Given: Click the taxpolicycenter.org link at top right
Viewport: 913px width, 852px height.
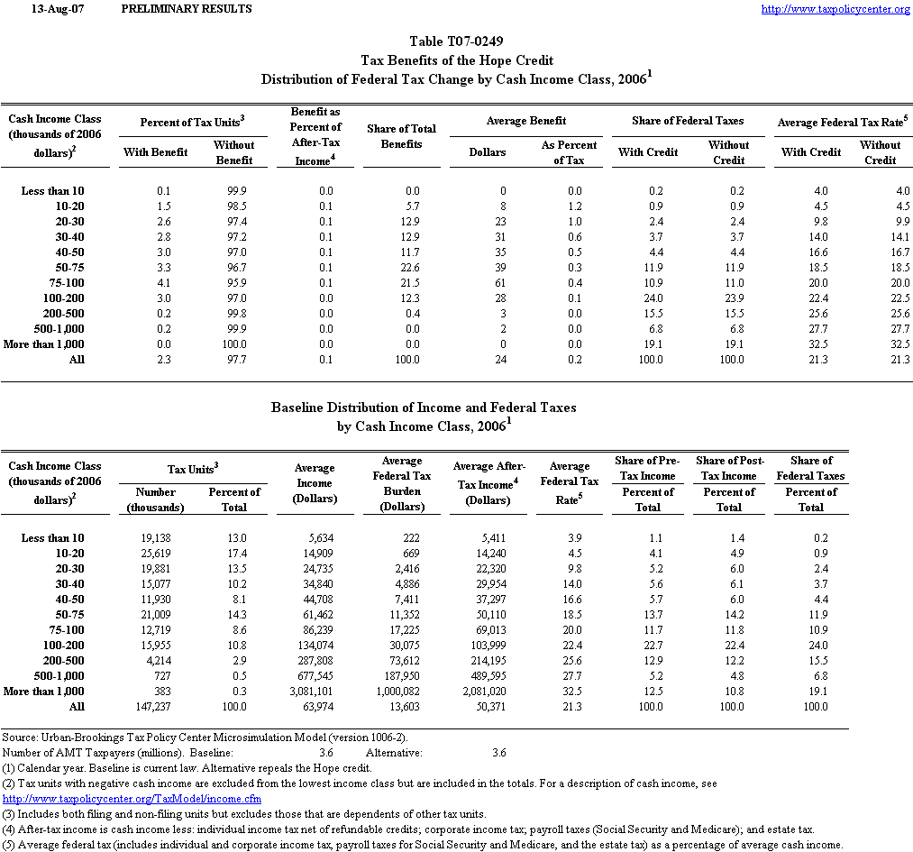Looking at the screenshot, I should tap(835, 9).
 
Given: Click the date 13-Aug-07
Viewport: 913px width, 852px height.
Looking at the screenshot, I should tap(51, 9).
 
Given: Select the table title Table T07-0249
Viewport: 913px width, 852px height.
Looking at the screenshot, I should tap(456, 41).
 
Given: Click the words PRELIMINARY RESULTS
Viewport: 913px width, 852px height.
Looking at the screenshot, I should tap(186, 9).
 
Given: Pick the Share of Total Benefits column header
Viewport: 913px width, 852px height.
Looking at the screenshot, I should tap(401, 136).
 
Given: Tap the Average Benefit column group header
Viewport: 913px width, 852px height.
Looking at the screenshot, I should tap(526, 121).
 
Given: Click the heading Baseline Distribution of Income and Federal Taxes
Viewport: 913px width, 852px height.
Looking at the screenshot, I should tap(424, 408).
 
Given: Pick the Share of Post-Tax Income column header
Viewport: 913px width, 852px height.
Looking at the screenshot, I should tap(728, 468).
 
